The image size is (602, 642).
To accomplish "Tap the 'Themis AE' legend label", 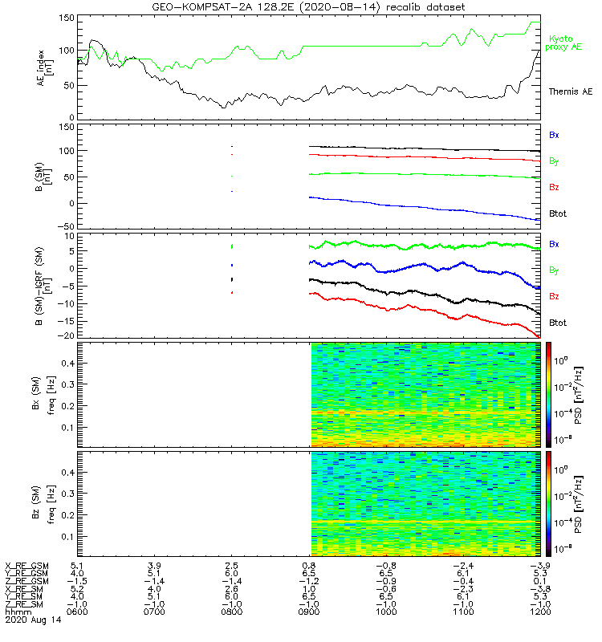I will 569,92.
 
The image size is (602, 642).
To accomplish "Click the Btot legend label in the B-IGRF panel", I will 559,323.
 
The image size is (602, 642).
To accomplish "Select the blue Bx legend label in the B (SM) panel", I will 554,135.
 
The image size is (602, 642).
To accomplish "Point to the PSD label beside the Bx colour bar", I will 576,393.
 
